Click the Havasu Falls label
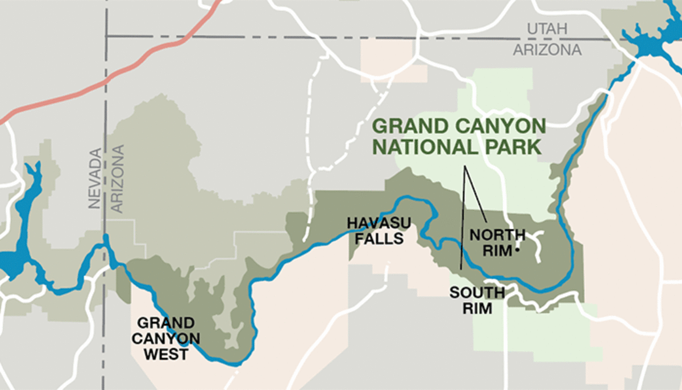tap(376, 230)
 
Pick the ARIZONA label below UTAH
tap(547, 50)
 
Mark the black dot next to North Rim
tap(518, 250)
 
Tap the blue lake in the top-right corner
tap(654, 40)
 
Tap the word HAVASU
tap(376, 222)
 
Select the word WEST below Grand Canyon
tap(166, 354)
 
